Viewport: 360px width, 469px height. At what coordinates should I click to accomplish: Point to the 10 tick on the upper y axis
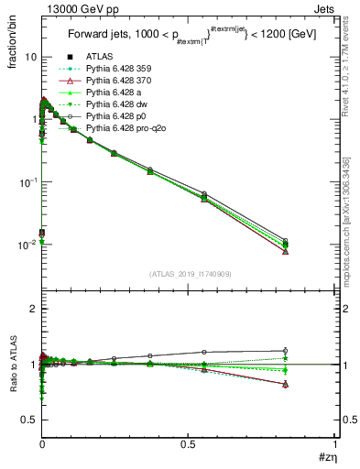tap(28, 57)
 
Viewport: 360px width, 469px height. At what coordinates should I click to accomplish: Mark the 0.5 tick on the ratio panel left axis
tap(28, 420)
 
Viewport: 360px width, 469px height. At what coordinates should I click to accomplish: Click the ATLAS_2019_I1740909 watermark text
tap(189, 274)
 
